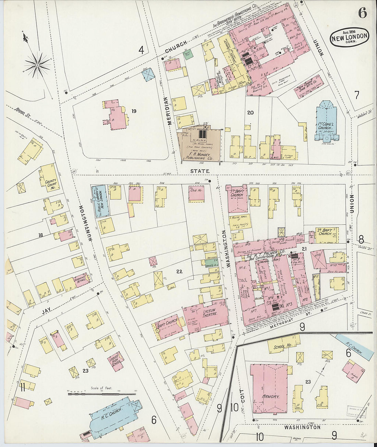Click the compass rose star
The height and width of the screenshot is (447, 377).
(37, 64)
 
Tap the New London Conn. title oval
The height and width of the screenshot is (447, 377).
(350, 37)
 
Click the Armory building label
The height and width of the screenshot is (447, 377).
(271, 396)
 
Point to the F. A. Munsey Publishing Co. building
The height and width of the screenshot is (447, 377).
(199, 147)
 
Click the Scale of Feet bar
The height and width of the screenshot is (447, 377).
(101, 394)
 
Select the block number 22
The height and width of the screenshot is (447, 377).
(179, 272)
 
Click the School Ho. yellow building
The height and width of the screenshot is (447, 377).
(283, 346)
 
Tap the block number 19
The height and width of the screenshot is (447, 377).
(134, 111)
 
